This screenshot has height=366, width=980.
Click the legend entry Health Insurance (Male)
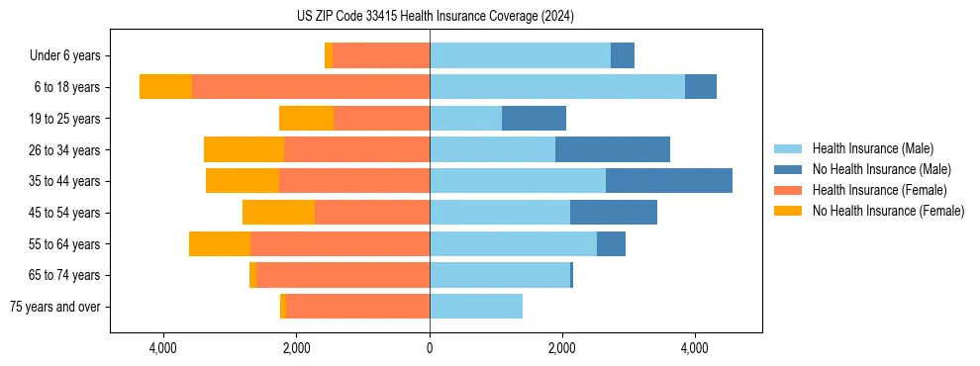click(x=872, y=148)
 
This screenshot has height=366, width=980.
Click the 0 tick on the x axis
click(x=430, y=348)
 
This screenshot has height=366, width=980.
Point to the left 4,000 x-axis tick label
click(x=162, y=348)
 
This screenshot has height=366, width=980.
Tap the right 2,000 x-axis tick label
click(x=562, y=348)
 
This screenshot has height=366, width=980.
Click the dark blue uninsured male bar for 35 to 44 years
click(x=669, y=181)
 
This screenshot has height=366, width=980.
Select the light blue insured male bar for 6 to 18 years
click(x=557, y=87)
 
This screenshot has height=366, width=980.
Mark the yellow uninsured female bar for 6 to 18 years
click(x=165, y=87)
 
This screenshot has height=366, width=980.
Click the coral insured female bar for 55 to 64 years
click(x=340, y=243)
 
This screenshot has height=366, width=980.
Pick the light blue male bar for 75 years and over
click(x=476, y=307)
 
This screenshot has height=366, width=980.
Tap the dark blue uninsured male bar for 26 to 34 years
click(x=613, y=149)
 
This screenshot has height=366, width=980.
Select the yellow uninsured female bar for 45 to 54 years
click(x=278, y=213)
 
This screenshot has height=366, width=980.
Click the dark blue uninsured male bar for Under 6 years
click(x=623, y=56)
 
